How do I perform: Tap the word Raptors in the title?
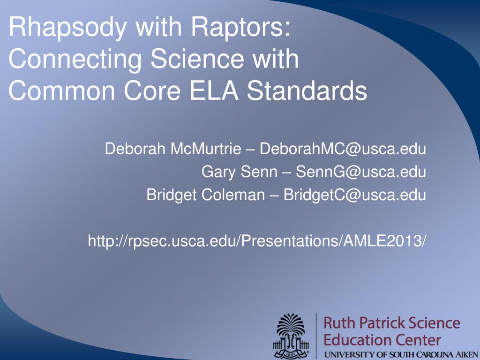pyautogui.click(x=240, y=26)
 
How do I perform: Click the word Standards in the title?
pyautogui.click(x=307, y=90)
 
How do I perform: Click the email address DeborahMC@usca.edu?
pyautogui.click(x=343, y=149)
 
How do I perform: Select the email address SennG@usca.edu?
pyautogui.click(x=360, y=172)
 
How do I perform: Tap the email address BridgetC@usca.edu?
pyautogui.click(x=354, y=195)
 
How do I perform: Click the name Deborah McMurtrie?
pyautogui.click(x=173, y=149)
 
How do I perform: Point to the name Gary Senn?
pyautogui.click(x=239, y=172)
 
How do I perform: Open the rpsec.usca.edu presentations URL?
pyautogui.click(x=256, y=241)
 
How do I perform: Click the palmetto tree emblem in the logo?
pyautogui.click(x=291, y=336)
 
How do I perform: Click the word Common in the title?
pyautogui.click(x=62, y=90)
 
